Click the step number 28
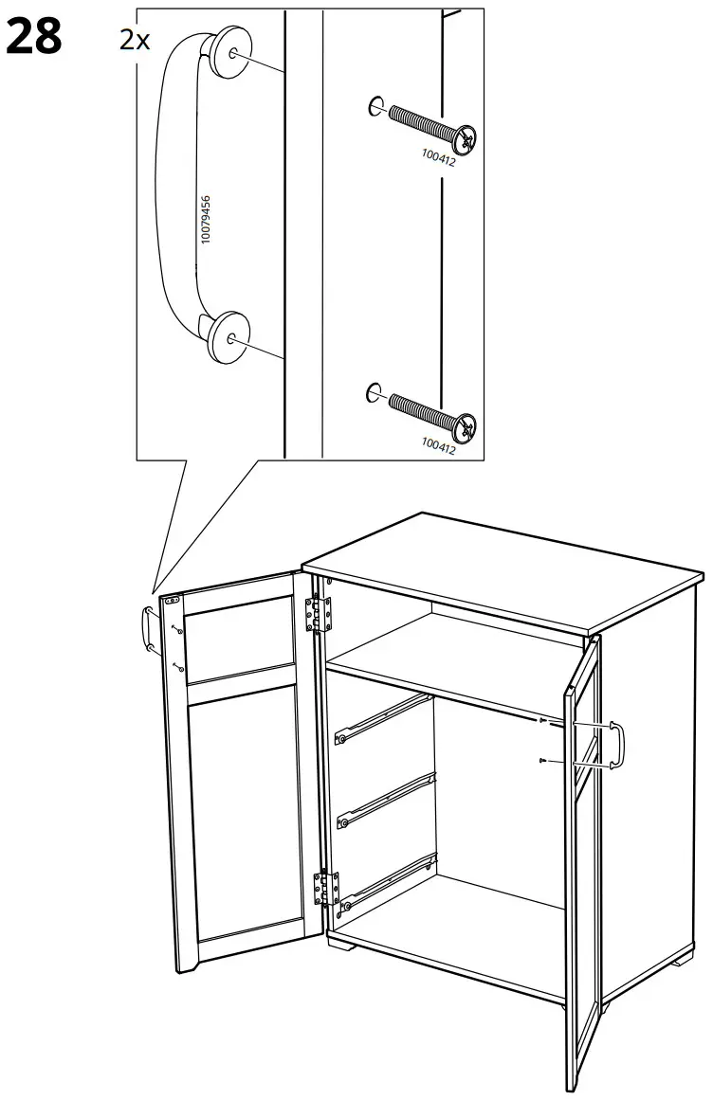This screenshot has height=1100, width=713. [x=34, y=37]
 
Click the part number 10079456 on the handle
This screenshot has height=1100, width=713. [x=207, y=220]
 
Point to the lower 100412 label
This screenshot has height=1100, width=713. [x=437, y=444]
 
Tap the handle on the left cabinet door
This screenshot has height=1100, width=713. [x=148, y=626]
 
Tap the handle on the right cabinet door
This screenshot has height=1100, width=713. [x=617, y=745]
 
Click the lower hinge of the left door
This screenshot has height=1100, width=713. [x=324, y=889]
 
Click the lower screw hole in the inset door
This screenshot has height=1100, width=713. [x=375, y=390]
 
